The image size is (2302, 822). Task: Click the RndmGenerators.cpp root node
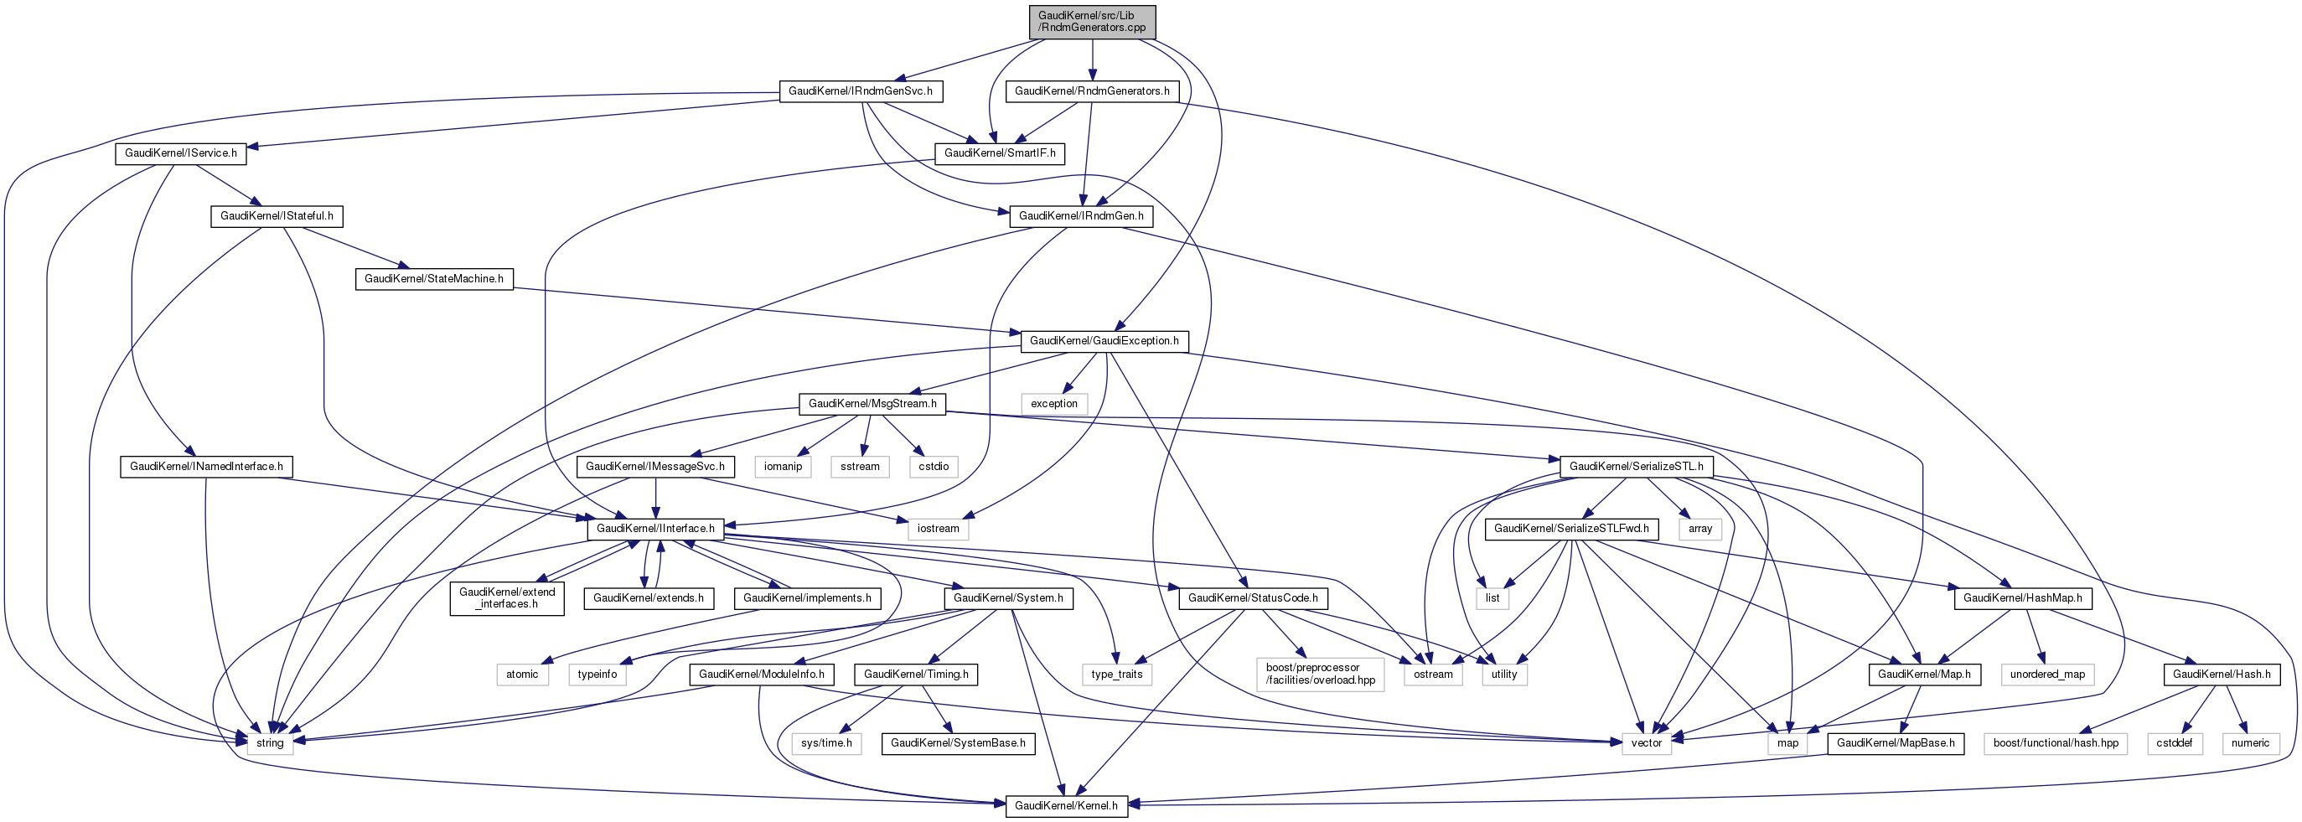(x=1092, y=22)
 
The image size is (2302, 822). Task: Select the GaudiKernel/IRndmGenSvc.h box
(x=861, y=91)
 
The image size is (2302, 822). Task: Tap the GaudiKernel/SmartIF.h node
(x=999, y=153)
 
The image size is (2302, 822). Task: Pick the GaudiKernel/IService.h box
(x=180, y=153)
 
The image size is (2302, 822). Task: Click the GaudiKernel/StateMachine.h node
(x=433, y=279)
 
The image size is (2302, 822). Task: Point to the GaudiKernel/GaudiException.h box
(x=1104, y=341)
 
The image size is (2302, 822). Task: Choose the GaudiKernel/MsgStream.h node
(x=872, y=404)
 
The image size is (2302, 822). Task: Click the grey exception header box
(x=1054, y=404)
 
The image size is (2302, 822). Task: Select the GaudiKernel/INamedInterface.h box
(x=206, y=467)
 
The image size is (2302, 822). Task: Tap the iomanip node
(x=783, y=467)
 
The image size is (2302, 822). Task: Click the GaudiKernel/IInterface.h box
(x=655, y=529)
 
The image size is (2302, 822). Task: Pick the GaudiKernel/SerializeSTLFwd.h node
(x=1571, y=529)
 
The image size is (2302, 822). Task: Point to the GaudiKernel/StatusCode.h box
(x=1252, y=598)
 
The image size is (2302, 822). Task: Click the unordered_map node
(x=2047, y=675)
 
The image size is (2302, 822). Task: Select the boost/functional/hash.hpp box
(x=2056, y=743)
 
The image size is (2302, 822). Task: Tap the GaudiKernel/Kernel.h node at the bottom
(x=1066, y=806)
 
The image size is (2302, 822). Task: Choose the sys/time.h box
(x=826, y=743)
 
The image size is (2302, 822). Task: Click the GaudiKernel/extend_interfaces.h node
(x=507, y=597)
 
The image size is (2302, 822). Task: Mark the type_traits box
(x=1117, y=675)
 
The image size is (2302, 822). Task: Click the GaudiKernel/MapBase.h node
(x=1896, y=743)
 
